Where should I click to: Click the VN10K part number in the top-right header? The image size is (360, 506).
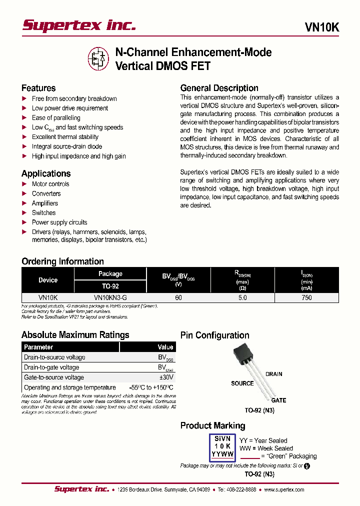[321, 28]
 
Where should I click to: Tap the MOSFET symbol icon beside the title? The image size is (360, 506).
[98, 58]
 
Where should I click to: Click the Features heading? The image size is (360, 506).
[38, 88]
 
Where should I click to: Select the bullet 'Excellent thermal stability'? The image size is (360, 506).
[65, 137]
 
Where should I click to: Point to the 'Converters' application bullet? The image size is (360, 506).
[46, 193]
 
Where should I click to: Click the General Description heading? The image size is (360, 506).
[219, 88]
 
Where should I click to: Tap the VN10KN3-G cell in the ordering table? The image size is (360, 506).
[110, 297]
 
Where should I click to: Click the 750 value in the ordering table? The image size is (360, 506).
[306, 297]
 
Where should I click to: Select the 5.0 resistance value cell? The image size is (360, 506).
[242, 297]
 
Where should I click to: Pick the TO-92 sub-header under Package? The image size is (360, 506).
[110, 286]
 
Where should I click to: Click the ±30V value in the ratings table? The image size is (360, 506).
[166, 377]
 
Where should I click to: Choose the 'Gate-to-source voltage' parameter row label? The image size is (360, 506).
[54, 377]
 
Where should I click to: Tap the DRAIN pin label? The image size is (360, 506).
[274, 374]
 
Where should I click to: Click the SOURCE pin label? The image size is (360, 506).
[242, 383]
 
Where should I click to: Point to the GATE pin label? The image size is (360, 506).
[278, 400]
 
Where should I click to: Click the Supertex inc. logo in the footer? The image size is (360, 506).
[81, 489]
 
